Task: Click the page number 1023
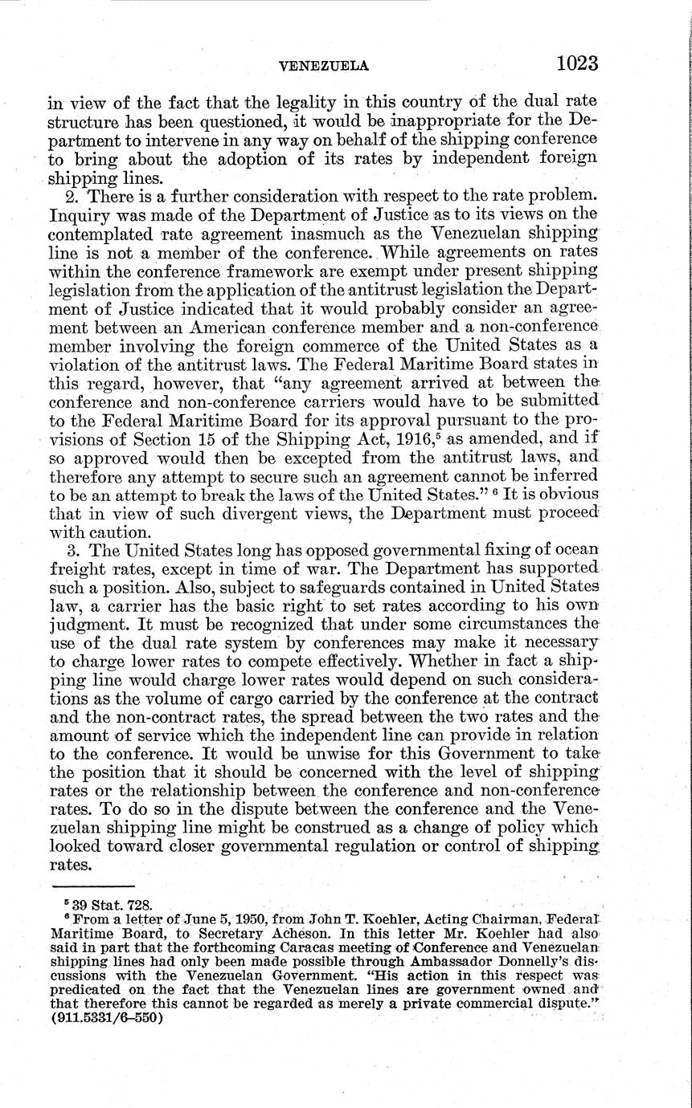[x=571, y=63]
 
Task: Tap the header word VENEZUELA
[x=322, y=67]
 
